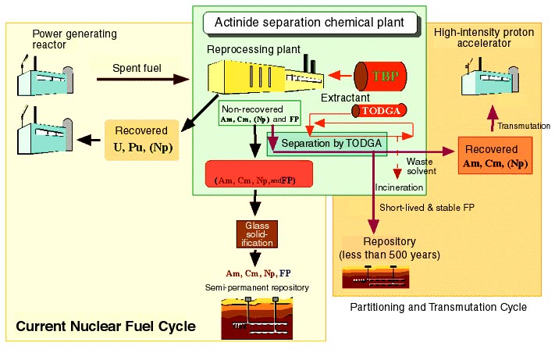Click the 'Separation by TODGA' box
(327, 144)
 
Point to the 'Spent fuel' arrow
(141, 79)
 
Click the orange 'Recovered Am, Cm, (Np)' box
(494, 156)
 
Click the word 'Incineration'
(399, 187)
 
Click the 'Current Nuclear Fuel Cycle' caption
(105, 326)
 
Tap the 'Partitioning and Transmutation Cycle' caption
(439, 307)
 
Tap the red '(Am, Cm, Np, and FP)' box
(258, 174)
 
